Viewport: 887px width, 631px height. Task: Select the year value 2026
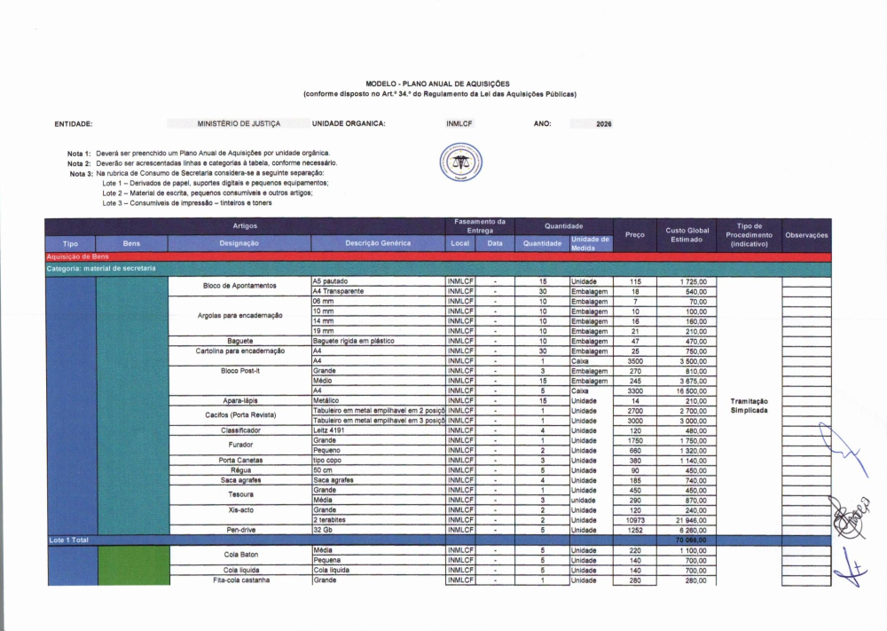click(x=604, y=124)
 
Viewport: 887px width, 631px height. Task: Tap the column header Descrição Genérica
click(x=378, y=243)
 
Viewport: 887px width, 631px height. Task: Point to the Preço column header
click(x=634, y=234)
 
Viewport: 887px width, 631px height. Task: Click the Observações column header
click(x=806, y=235)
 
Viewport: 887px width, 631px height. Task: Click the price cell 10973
click(x=635, y=520)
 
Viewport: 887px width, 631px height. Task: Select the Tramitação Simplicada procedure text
click(x=749, y=406)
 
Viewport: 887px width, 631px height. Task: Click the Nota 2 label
click(x=80, y=163)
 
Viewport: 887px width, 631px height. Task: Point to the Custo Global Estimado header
click(x=687, y=235)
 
